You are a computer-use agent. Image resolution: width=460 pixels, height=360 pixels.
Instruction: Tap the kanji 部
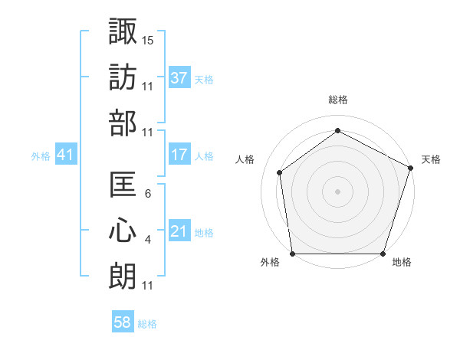tap(123, 123)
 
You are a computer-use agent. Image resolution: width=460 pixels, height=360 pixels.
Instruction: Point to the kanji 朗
tap(123, 277)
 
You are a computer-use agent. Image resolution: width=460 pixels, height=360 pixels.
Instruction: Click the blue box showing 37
tap(179, 77)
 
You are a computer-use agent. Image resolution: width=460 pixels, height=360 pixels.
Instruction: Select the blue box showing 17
tap(179, 155)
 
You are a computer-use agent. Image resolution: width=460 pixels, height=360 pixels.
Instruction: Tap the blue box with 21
tap(179, 231)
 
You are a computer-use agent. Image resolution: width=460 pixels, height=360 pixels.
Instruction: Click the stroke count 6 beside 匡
tap(148, 194)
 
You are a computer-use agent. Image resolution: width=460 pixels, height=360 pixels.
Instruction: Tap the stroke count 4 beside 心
tap(148, 241)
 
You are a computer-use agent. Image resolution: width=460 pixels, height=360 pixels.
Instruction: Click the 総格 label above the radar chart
tap(338, 100)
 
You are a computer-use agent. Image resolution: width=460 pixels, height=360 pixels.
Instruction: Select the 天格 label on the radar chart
tap(431, 159)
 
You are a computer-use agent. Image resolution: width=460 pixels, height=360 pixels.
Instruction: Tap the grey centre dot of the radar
tap(337, 191)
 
